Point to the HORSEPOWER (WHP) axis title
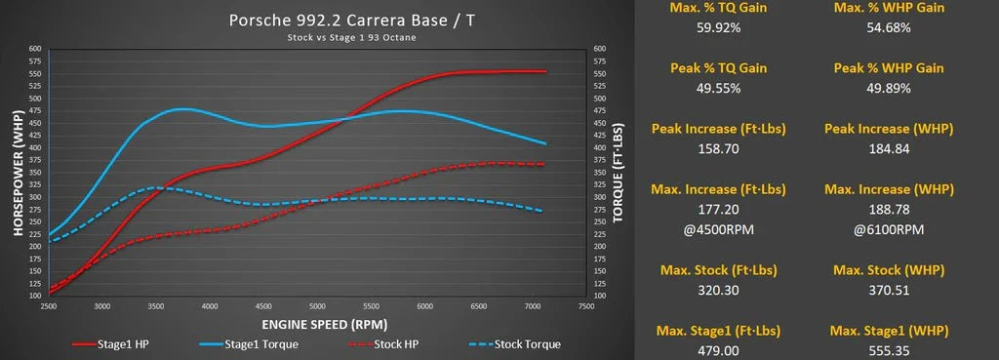click(19, 170)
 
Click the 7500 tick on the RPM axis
click(586, 305)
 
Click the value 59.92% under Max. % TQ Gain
click(720, 28)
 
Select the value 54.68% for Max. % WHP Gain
click(889, 28)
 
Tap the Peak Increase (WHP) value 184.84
click(889, 149)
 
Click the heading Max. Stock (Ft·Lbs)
click(720, 269)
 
